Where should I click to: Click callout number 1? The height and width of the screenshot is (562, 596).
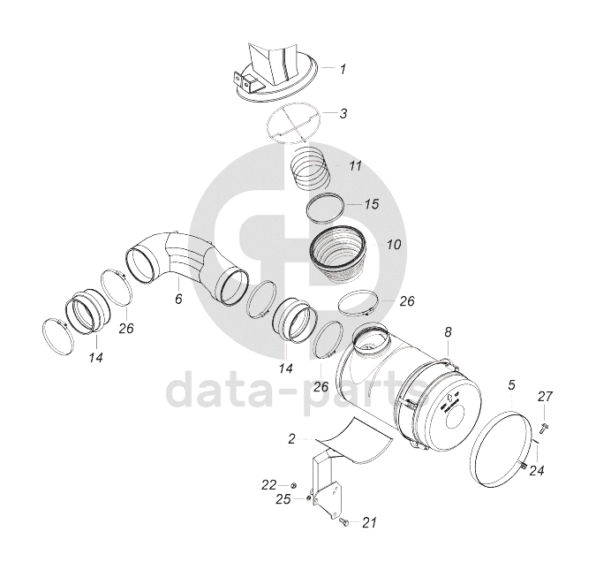[x=343, y=69]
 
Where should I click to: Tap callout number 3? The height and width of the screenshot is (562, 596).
[x=343, y=113]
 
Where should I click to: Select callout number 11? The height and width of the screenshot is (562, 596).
[x=356, y=166]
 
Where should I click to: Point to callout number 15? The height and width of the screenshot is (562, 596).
[x=372, y=204]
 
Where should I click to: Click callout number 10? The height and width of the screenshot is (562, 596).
[x=394, y=244]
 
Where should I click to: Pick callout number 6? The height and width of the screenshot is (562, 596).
[x=178, y=299]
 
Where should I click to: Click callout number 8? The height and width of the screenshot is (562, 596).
[x=449, y=332]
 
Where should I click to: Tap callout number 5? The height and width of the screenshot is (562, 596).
[x=511, y=384]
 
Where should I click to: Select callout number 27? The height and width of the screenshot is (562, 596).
[x=545, y=397]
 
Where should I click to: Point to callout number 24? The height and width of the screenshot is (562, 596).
[x=537, y=471]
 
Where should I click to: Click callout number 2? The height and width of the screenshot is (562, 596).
[x=291, y=439]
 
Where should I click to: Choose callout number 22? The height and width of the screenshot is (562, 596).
[x=268, y=485]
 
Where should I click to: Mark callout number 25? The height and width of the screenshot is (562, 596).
[x=283, y=499]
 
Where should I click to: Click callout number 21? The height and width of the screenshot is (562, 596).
[x=369, y=523]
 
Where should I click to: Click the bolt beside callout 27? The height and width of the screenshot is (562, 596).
[x=542, y=426]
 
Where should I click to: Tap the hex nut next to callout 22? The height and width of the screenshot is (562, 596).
[x=293, y=485]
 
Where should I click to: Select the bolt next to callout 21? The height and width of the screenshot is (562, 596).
[x=343, y=522]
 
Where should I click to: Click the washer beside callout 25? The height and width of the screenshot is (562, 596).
[x=309, y=499]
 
